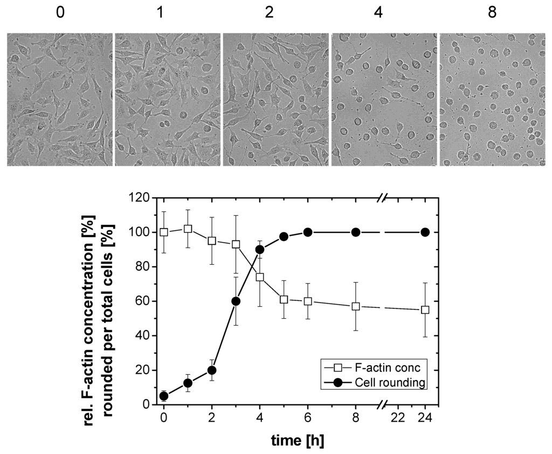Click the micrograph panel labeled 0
(59, 100)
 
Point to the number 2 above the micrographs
(269, 12)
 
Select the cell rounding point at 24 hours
(425, 232)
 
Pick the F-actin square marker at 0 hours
(164, 232)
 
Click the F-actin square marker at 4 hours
(259, 277)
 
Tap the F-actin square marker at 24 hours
(425, 309)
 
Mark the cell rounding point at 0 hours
(164, 396)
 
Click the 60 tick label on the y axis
(143, 301)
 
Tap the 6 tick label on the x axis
(307, 418)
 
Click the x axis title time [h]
(296, 440)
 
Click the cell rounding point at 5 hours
(284, 236)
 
